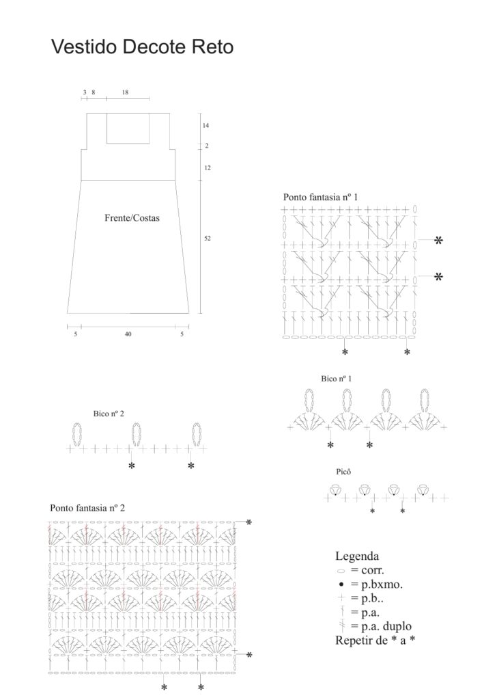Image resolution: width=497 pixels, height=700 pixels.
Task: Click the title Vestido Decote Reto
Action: click(142, 46)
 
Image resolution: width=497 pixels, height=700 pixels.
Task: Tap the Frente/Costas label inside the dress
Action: click(132, 219)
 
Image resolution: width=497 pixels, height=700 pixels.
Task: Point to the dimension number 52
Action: click(207, 238)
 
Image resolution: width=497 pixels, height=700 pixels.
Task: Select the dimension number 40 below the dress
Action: click(128, 334)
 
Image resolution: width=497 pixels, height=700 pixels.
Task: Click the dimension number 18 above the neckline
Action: click(125, 92)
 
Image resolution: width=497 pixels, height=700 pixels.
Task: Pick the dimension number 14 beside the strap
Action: click(205, 126)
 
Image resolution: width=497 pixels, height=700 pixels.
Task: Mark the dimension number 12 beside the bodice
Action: click(207, 167)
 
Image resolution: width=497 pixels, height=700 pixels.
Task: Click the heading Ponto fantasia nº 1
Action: click(320, 197)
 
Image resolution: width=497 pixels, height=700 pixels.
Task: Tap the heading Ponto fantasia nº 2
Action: click(87, 508)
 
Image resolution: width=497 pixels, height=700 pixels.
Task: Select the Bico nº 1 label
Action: click(337, 378)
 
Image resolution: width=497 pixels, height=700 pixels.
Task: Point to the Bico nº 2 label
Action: click(109, 414)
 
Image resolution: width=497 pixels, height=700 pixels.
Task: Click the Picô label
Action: click(344, 472)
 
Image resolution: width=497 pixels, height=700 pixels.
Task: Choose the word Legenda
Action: click(357, 556)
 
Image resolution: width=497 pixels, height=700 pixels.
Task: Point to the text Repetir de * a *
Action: click(375, 641)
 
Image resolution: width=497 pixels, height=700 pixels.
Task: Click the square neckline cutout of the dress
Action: click(128, 128)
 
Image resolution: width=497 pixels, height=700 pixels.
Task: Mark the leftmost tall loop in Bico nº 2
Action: click(76, 435)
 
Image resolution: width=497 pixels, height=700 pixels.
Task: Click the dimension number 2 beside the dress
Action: click(206, 146)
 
